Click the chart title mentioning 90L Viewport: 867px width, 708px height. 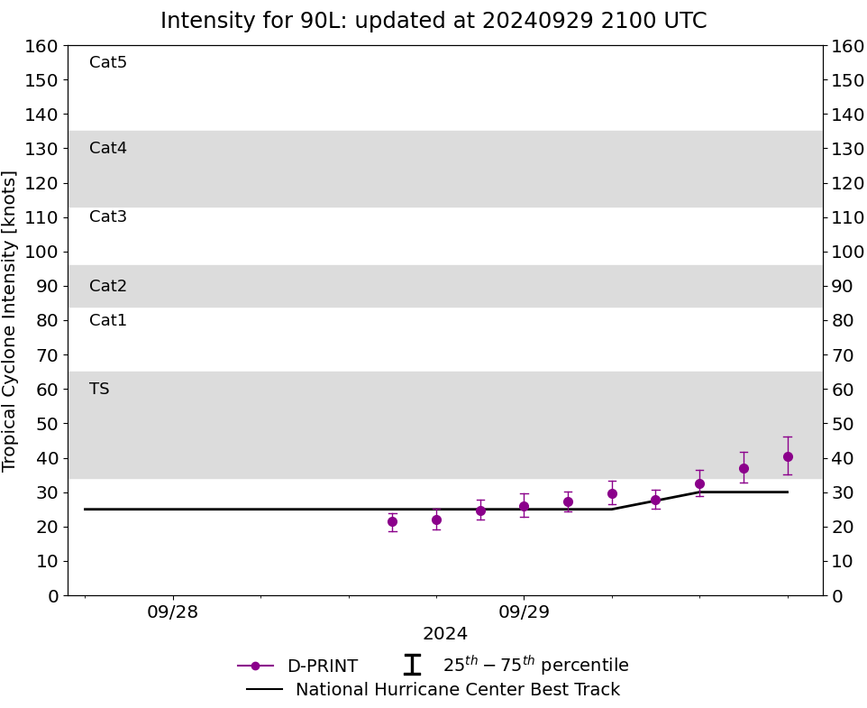[x=433, y=21]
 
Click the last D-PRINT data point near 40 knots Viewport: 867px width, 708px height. [x=788, y=456]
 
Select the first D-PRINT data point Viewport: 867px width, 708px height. [x=392, y=521]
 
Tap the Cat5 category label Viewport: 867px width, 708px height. [x=108, y=62]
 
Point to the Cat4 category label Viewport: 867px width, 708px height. [x=108, y=148]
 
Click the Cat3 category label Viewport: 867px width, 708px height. [x=108, y=216]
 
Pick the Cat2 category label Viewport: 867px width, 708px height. [x=108, y=286]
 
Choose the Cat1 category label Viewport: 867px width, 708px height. [x=108, y=320]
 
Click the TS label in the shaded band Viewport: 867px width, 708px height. [x=99, y=389]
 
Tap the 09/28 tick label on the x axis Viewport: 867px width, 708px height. [x=173, y=612]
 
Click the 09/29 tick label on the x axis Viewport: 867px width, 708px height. [x=524, y=612]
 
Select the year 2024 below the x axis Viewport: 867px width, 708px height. [x=445, y=634]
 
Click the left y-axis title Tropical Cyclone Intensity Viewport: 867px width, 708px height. [x=11, y=320]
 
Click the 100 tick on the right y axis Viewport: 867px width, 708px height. [x=848, y=252]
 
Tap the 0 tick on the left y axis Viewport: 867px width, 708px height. [x=52, y=595]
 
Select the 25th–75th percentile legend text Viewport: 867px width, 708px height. [x=535, y=666]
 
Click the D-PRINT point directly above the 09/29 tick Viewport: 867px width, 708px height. [x=524, y=506]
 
